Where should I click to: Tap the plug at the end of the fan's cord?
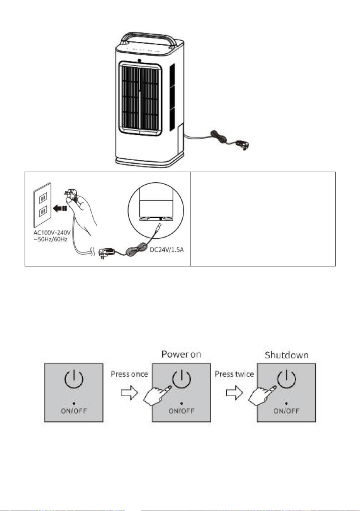click(243, 144)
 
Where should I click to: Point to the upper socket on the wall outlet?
click(43, 197)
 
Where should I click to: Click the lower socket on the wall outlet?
click(43, 212)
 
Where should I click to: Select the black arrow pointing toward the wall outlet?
click(60, 208)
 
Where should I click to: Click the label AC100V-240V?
click(52, 233)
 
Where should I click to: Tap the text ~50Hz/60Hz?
click(51, 240)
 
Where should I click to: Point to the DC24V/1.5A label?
click(166, 250)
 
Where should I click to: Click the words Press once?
click(129, 374)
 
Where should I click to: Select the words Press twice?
click(234, 374)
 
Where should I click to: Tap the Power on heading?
click(181, 354)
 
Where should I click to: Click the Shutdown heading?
click(287, 355)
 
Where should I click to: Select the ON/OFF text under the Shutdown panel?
click(286, 411)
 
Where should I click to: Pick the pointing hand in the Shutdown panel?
click(262, 396)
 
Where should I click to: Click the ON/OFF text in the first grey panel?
click(74, 411)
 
